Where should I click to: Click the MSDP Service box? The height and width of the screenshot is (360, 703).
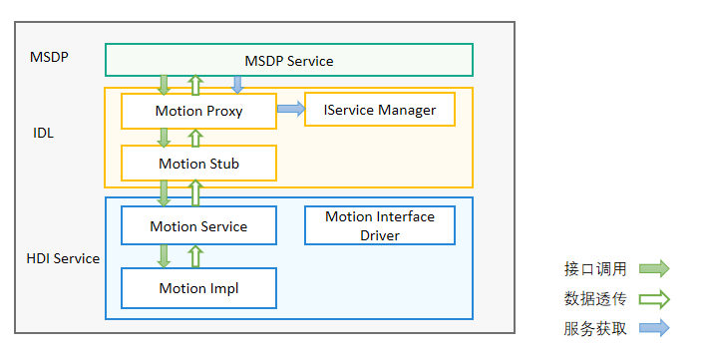[289, 61]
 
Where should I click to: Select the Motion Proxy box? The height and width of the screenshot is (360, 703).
[198, 111]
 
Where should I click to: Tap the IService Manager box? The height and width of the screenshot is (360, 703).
[379, 110]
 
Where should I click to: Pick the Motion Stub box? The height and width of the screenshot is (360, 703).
[198, 164]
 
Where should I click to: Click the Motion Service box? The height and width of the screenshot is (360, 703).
[198, 226]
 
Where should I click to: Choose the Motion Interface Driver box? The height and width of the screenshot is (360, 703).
[379, 225]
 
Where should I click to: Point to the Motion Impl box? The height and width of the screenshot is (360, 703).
[198, 288]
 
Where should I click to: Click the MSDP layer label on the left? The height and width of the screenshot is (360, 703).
[49, 57]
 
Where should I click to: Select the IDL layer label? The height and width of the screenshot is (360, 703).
[43, 132]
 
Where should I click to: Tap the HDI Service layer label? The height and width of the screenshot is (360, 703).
[63, 258]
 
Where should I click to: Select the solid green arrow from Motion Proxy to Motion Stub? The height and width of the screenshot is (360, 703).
[164, 138]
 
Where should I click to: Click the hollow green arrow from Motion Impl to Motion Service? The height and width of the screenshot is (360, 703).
[195, 256]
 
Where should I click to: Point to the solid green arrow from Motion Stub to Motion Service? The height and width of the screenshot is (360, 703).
[164, 192]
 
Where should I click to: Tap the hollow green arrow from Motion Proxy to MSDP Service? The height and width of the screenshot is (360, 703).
[195, 85]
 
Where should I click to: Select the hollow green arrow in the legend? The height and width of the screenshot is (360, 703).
[654, 298]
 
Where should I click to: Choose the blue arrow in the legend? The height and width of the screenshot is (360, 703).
[654, 328]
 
